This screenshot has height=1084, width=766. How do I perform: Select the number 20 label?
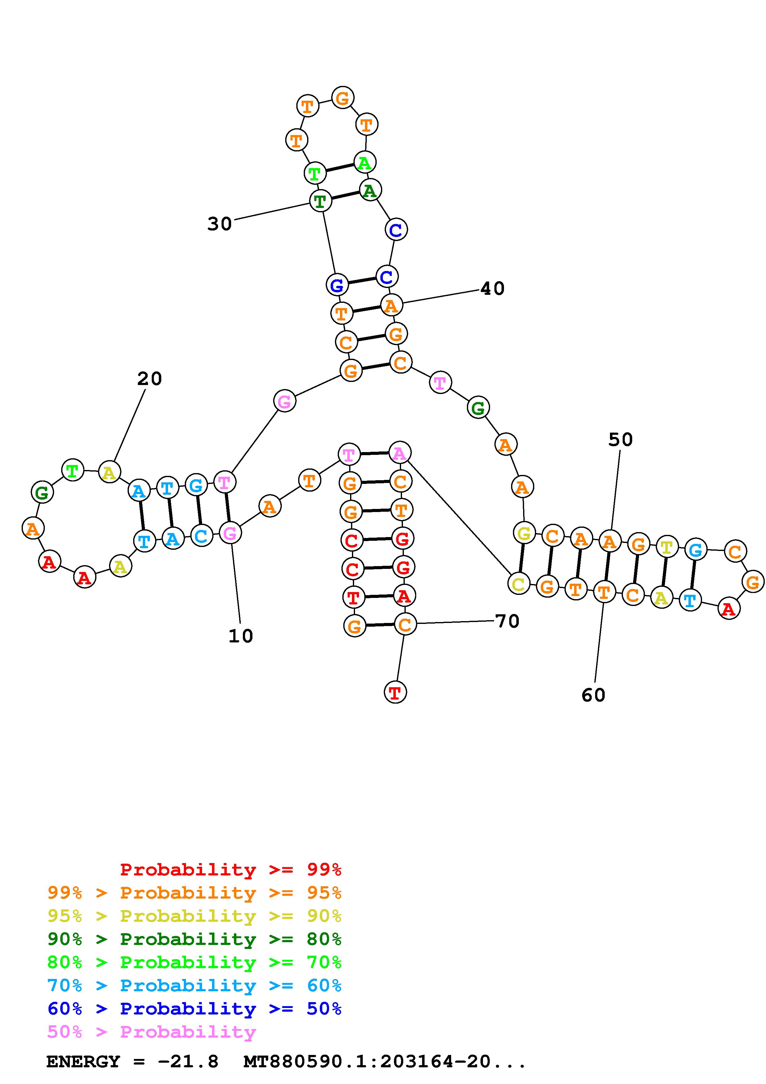(150, 379)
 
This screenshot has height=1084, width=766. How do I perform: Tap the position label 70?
(507, 621)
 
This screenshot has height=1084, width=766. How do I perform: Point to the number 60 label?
(593, 695)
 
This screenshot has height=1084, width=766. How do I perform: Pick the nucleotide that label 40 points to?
(391, 306)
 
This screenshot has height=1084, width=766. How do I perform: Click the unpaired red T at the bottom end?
(395, 692)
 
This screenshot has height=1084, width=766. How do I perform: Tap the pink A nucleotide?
(399, 454)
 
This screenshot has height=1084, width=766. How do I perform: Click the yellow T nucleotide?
(666, 547)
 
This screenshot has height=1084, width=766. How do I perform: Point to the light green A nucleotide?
(364, 163)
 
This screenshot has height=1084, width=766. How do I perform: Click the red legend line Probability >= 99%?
(230, 869)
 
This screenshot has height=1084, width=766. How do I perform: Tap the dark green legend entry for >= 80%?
(194, 939)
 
